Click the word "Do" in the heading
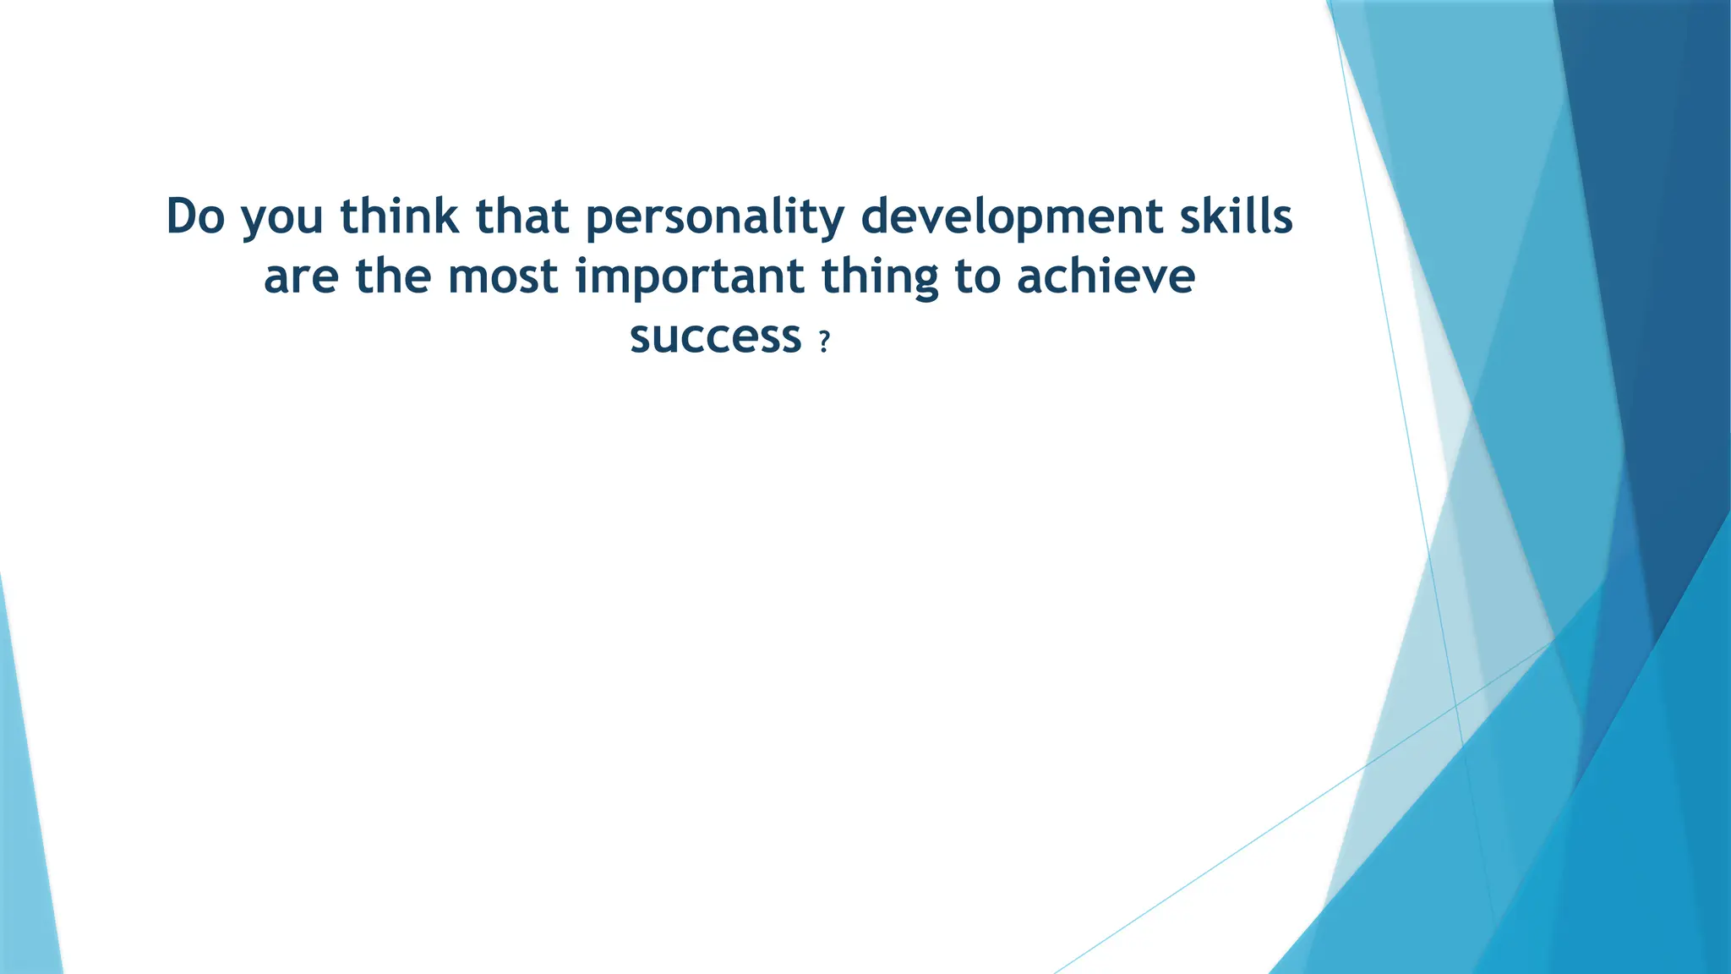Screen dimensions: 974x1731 [195, 216]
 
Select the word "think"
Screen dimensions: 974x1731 [400, 216]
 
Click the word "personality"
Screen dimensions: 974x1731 [715, 218]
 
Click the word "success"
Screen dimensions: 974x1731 [715, 337]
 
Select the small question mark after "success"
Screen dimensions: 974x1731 [825, 342]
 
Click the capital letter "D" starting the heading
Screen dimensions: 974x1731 [182, 216]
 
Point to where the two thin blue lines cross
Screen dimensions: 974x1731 [1455, 704]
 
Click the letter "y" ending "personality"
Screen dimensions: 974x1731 [833, 222]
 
